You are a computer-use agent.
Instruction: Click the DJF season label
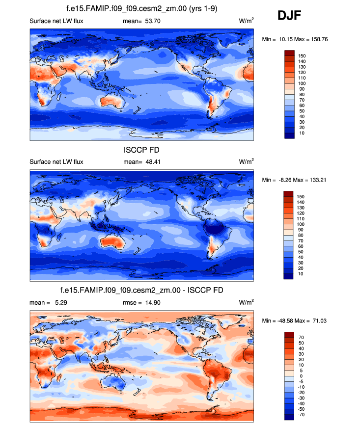289,17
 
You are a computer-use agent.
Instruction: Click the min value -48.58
285,320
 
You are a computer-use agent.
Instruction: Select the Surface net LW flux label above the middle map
56,161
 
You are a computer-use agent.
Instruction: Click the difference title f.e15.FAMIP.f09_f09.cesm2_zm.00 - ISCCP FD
141,290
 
